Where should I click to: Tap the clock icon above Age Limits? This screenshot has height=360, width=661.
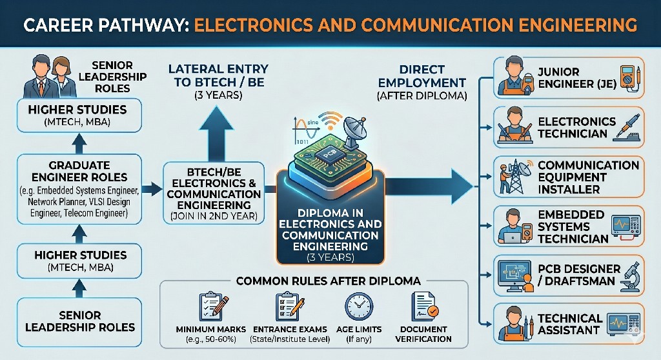coord(358,307)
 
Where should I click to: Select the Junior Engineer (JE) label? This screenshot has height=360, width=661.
coord(559,77)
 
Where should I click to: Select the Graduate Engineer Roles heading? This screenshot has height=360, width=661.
coord(79,171)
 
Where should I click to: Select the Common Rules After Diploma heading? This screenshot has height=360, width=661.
coord(329,281)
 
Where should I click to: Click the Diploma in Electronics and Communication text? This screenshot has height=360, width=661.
coord(330,230)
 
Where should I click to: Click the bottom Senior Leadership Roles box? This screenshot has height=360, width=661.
coord(80,321)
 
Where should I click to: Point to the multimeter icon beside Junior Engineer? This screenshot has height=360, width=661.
coord(627,77)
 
